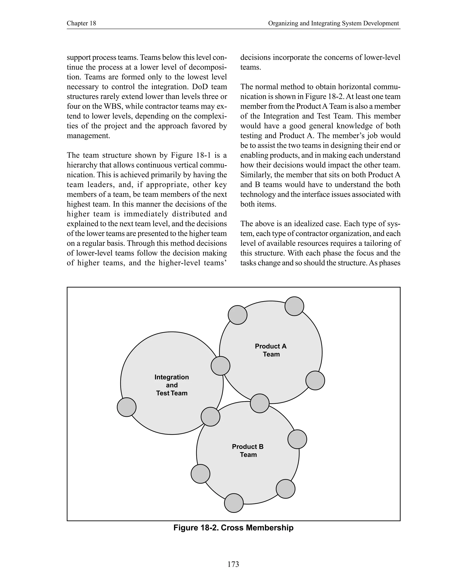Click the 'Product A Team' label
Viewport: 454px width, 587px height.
point(271,350)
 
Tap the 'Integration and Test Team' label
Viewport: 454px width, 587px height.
point(172,385)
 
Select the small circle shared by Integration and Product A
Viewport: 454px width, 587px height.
point(221,365)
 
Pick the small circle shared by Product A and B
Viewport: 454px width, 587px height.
point(260,403)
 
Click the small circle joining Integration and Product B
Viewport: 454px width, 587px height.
point(210,417)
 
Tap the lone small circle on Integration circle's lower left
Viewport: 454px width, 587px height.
point(126,407)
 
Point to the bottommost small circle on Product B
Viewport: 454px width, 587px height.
point(234,503)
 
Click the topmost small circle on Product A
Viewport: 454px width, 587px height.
point(294,306)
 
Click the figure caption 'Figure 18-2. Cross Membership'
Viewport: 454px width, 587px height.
point(233,528)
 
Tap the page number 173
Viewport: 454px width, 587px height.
point(233,564)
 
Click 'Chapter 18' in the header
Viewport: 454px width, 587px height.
point(81,23)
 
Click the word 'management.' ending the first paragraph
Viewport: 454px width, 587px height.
point(88,136)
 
